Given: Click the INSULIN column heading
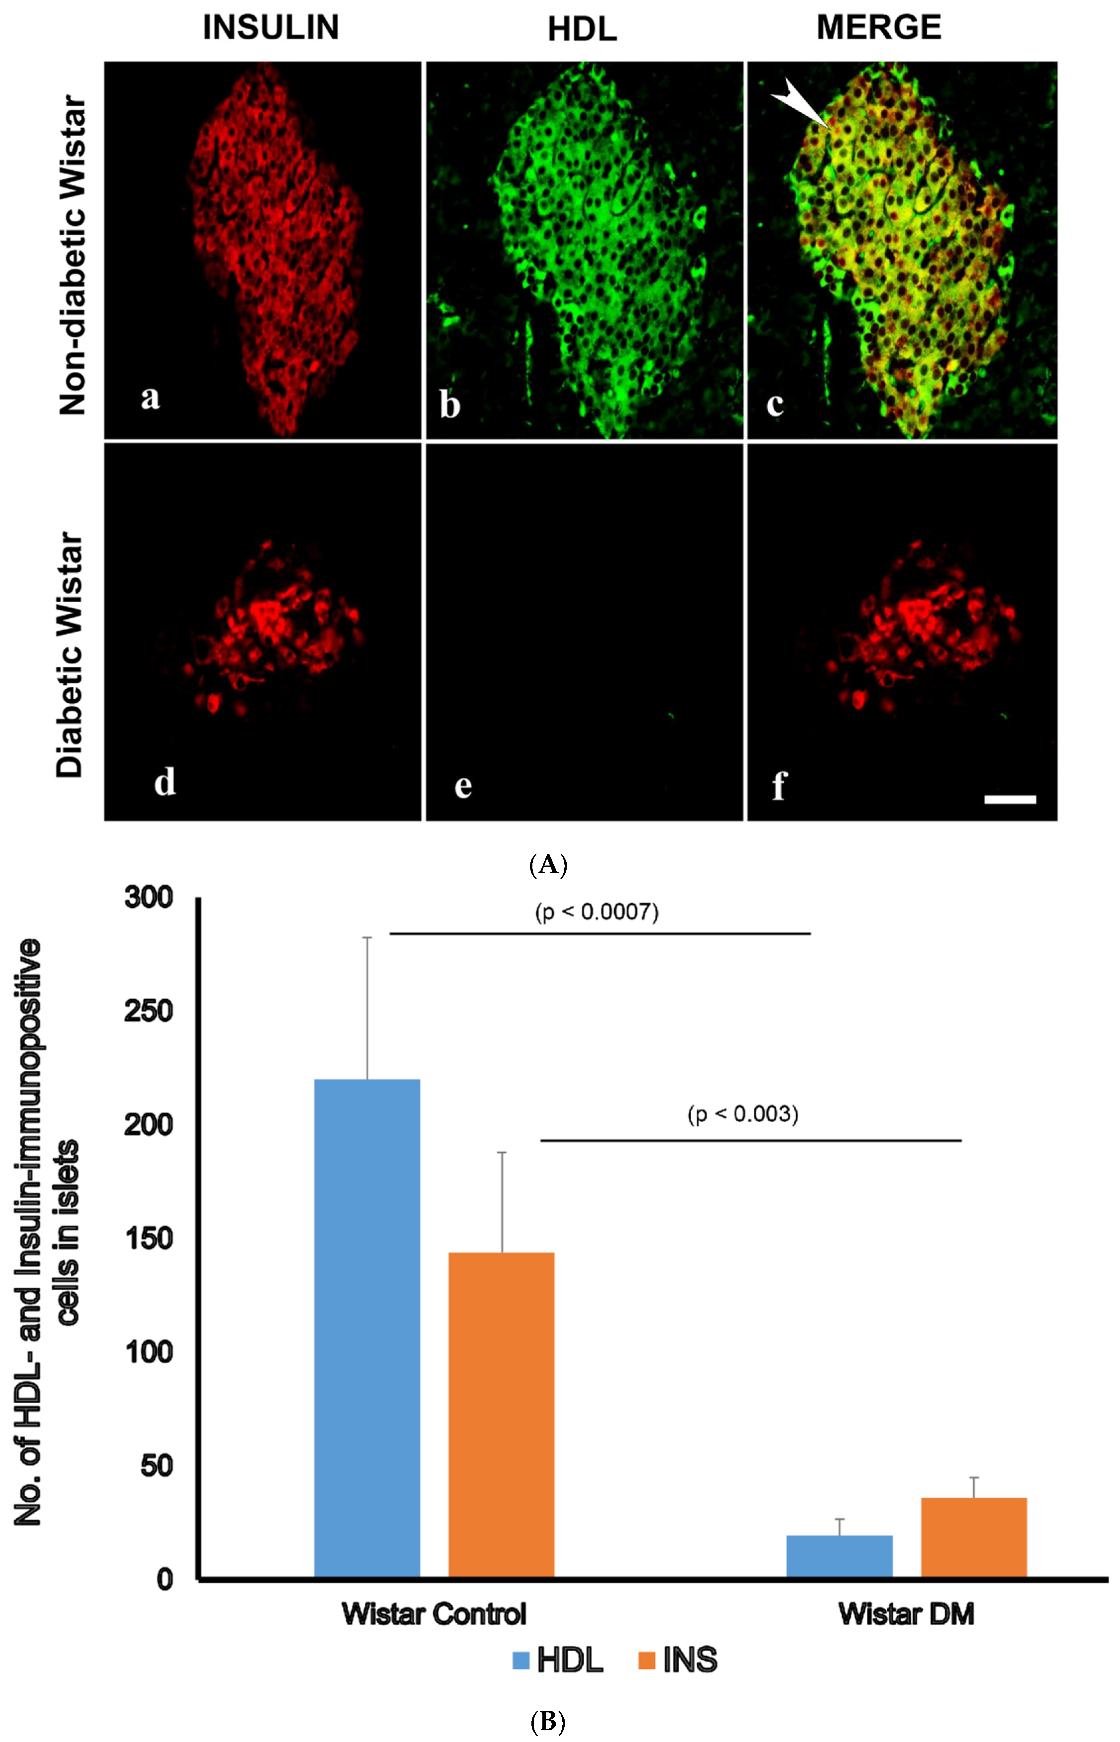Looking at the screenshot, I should (x=271, y=28).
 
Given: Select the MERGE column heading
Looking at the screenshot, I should (x=878, y=28).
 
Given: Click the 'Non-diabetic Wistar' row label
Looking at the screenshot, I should (x=73, y=255).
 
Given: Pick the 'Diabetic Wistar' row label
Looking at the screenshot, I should (x=70, y=654).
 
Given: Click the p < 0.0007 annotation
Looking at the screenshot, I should (x=596, y=912).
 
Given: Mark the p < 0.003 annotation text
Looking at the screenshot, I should (x=742, y=1114).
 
